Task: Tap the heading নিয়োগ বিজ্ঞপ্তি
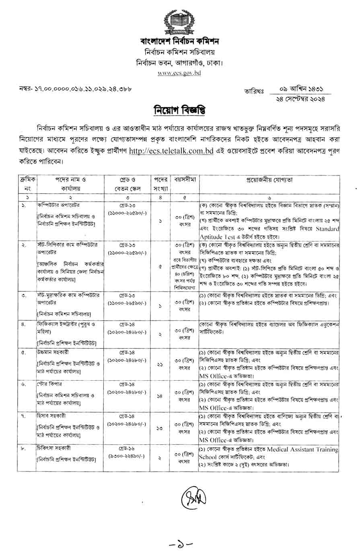[x=179, y=110]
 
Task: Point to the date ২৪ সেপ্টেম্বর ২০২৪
[x=298, y=98]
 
